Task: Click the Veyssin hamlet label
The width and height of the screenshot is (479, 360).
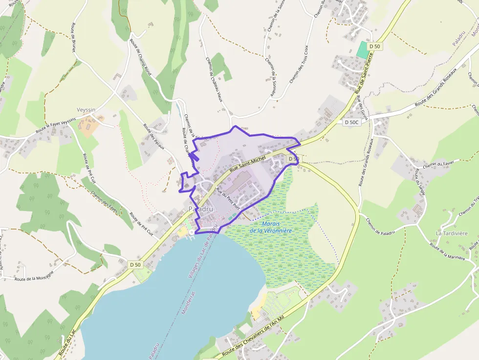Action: pyautogui.click(x=86, y=110)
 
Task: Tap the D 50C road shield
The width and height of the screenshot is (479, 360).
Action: pyautogui.click(x=351, y=122)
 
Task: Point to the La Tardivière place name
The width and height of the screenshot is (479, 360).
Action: pyautogui.click(x=451, y=233)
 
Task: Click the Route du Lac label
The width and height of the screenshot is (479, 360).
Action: pyautogui.click(x=65, y=345)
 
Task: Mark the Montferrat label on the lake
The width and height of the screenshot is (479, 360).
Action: pyautogui.click(x=188, y=302)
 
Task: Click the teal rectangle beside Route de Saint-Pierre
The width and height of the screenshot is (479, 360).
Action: pyautogui.click(x=362, y=49)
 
